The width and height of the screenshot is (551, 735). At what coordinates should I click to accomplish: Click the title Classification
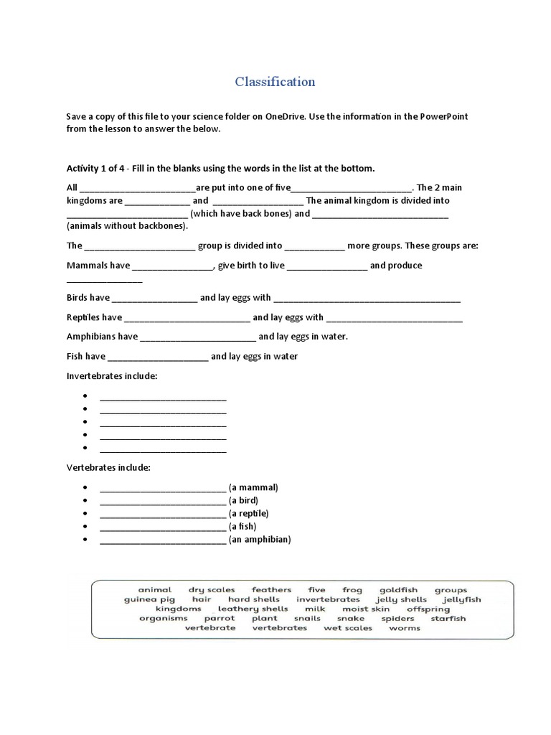275,82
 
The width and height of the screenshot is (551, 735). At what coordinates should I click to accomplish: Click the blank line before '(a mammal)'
163,487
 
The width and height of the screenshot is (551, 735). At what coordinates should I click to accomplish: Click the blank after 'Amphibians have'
198,337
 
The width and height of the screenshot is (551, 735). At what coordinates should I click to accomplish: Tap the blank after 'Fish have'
158,357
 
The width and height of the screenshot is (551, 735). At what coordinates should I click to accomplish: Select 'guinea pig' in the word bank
149,599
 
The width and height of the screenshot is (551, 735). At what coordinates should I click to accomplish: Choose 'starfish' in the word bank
448,618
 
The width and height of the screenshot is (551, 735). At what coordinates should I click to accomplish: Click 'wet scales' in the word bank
348,628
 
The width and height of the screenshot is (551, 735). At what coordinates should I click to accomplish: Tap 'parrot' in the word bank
219,618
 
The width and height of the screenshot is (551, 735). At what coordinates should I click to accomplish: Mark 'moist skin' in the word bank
366,609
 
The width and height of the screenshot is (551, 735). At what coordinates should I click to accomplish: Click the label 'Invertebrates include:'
112,376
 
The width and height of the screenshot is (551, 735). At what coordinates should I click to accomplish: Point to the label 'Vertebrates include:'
108,468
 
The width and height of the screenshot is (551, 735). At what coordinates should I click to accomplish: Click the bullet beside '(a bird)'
85,500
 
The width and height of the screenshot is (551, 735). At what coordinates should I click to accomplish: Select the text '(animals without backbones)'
127,225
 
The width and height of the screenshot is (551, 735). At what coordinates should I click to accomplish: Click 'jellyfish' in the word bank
462,599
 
